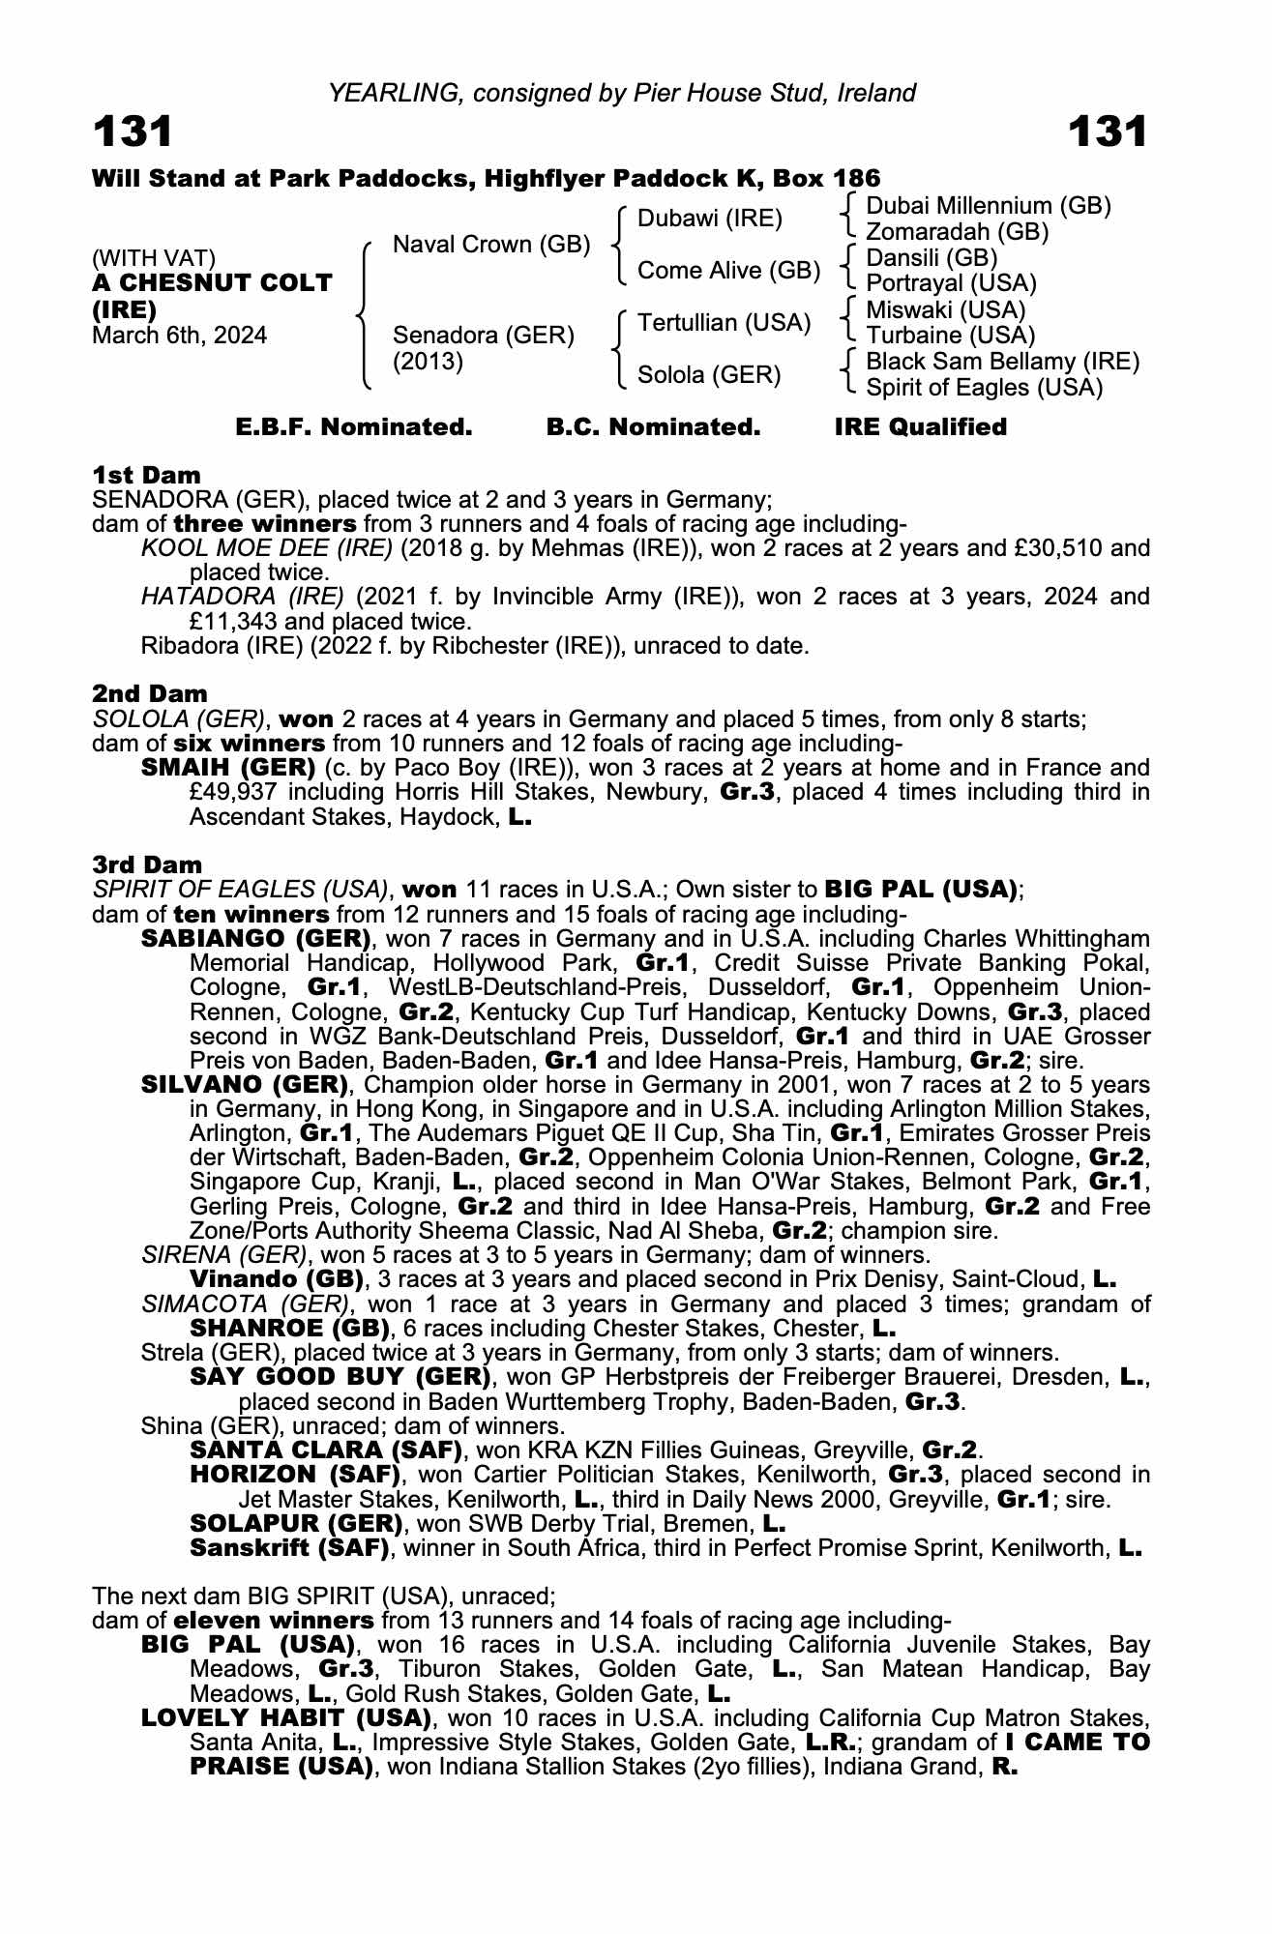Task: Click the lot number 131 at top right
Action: coord(1108,132)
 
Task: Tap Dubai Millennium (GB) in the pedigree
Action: coord(988,206)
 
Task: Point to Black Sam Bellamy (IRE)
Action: coord(1002,362)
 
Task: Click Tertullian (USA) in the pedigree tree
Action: coord(724,323)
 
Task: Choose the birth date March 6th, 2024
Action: coord(179,336)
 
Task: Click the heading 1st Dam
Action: coord(146,475)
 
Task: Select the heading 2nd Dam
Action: coord(149,693)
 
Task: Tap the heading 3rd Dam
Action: coord(147,864)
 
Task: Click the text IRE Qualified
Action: coord(920,427)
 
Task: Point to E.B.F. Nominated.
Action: coord(354,427)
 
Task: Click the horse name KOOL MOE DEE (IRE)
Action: coord(266,548)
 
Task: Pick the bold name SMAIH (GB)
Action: coord(228,768)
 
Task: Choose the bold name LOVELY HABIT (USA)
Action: coord(285,1718)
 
